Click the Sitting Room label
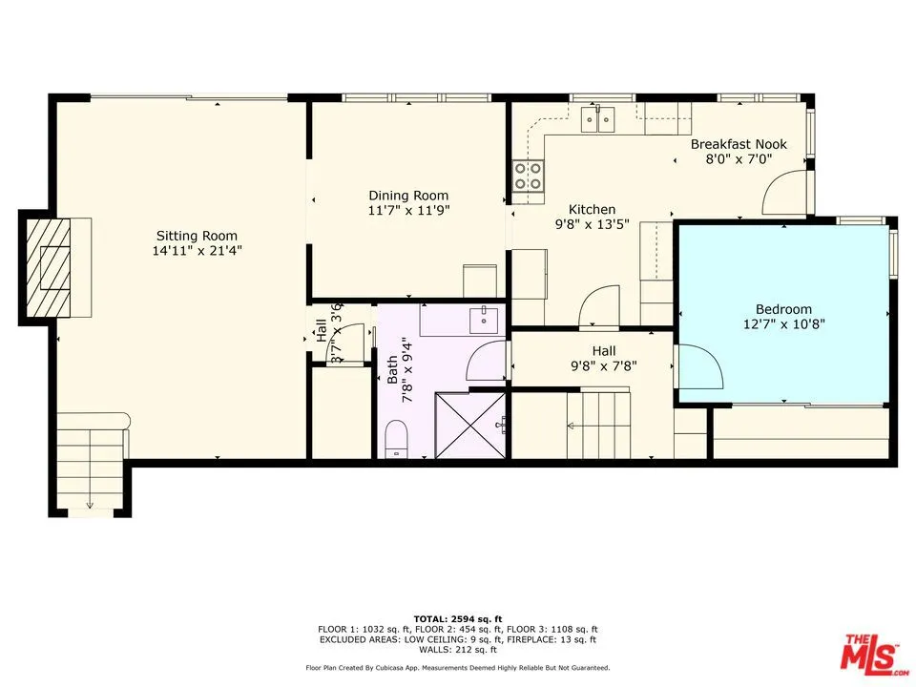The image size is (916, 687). tap(197, 236)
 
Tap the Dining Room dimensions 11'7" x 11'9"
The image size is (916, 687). tap(408, 210)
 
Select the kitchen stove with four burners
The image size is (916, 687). tap(528, 176)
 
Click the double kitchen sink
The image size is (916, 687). tap(598, 118)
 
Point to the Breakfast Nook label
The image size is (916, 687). tap(739, 144)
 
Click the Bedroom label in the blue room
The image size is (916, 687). tap(783, 308)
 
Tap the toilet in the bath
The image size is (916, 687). tap(396, 441)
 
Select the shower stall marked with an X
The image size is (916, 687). tap(471, 425)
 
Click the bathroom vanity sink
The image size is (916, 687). tap(484, 316)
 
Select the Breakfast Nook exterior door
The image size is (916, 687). tap(784, 195)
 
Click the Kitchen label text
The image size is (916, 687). tap(592, 210)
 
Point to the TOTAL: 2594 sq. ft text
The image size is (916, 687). tap(457, 619)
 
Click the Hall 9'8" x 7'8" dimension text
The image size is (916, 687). tap(603, 365)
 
